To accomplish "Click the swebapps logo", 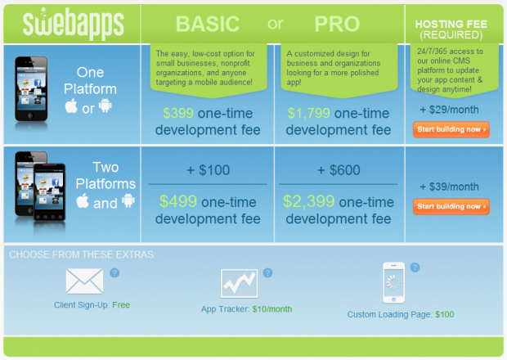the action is pos(73,23).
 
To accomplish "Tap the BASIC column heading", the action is pos(207,24).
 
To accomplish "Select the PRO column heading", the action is pos(337,24).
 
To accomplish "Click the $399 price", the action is pos(178,113).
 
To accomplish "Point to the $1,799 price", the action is pos(309,113).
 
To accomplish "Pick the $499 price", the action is pos(178,201).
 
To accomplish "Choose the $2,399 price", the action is pos(309,201).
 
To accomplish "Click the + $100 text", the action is pos(209,170).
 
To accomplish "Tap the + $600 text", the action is pos(339,170).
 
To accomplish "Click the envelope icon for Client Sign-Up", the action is pos(84,281).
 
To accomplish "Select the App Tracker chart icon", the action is pos(240,283).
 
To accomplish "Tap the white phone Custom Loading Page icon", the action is pos(393,283).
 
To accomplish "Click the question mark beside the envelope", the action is pos(114,273).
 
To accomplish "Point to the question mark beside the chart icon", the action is pos(267,273).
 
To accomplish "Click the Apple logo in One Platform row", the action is pos(71,106).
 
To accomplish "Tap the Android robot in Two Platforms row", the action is pos(128,200).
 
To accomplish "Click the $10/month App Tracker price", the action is pos(272,309).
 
